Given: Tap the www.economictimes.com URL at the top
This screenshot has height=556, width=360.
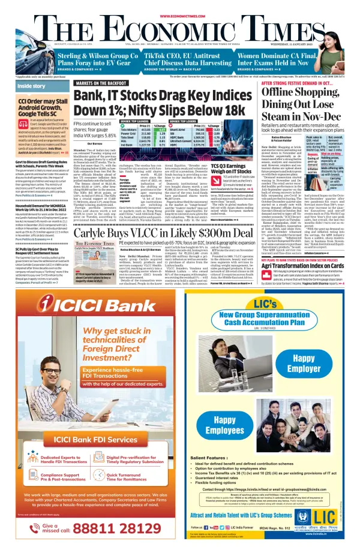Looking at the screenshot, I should click(180, 4).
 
